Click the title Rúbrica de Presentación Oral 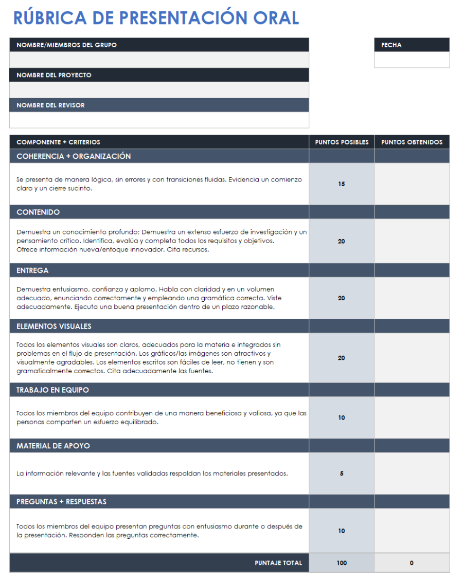coord(156,18)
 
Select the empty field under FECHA coord(412,60)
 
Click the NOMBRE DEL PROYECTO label coord(54,75)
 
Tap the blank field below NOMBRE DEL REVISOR coord(159,120)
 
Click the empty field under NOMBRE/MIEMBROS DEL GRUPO coord(159,60)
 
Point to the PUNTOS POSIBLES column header coord(342,142)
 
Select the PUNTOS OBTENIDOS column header coord(412,142)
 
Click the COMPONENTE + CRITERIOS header coord(58,142)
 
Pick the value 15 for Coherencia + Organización coord(342,184)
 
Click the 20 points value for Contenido coord(342,242)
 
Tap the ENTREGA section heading coord(32,270)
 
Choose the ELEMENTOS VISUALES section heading coord(54,326)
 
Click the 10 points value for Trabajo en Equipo coord(342,418)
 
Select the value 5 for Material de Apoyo coord(342,474)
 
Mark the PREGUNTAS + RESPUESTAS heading coord(61,502)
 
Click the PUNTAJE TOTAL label coord(278,563)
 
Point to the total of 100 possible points coord(342,563)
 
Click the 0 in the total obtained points coord(412,563)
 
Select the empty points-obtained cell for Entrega coord(412,298)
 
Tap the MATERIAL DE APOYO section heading coord(53,446)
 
